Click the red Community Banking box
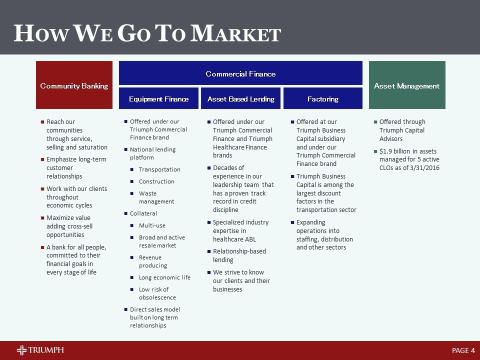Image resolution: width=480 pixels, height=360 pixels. coord(74,85)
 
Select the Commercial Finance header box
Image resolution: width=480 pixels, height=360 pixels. coord(240,73)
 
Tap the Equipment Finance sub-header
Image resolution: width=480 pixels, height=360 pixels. coord(158,98)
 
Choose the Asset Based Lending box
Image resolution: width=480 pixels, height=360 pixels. coord(241,98)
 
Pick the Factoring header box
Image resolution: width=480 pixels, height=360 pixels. coord(323,98)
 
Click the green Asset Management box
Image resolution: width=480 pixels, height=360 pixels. coord(407,85)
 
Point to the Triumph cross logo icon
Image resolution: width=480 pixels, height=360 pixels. coord(22,350)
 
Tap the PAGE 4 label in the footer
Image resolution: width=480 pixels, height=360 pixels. coord(463,350)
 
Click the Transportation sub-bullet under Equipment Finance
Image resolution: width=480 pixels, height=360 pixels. coord(159,169)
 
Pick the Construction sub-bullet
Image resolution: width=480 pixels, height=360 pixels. coord(156,181)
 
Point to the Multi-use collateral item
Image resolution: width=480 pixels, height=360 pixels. coord(152,225)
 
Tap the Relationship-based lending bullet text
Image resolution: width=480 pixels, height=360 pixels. coord(239,255)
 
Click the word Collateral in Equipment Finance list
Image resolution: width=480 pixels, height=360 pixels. coord(143,213)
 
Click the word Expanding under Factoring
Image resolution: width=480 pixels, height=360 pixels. coord(311,222)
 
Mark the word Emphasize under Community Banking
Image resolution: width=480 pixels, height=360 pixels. coord(63,159)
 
